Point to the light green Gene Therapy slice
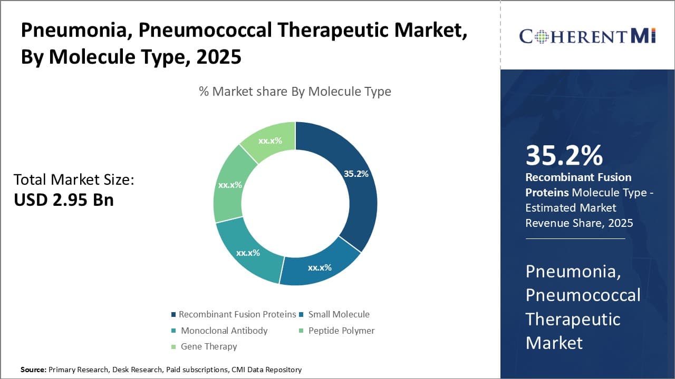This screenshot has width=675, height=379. click(x=269, y=140)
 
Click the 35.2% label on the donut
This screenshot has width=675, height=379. click(x=356, y=174)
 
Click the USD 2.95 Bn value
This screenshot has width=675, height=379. click(x=64, y=200)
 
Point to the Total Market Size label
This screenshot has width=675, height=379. click(x=74, y=180)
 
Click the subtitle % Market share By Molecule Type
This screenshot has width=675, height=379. click(x=295, y=92)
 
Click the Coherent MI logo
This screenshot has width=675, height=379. click(x=587, y=36)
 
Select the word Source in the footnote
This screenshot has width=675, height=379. click(x=33, y=370)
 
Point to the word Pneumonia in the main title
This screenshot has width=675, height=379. click(x=74, y=31)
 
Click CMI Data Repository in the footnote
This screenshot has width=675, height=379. click(x=266, y=370)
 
